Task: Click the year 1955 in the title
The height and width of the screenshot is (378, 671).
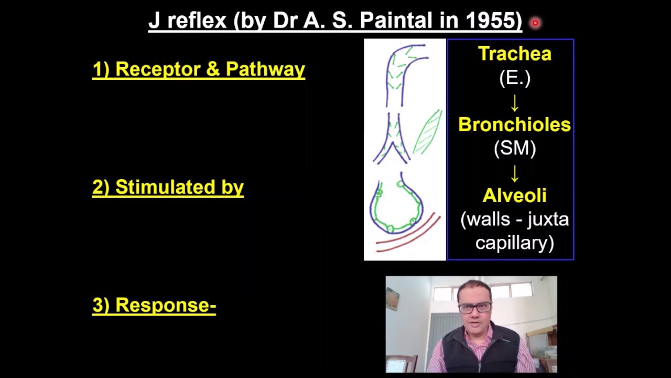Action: click(492, 21)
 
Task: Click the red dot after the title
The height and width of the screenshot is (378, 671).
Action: click(535, 23)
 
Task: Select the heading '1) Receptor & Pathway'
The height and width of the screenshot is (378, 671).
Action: click(199, 69)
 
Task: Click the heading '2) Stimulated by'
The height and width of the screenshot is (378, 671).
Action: click(168, 187)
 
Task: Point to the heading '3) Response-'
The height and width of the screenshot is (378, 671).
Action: click(154, 305)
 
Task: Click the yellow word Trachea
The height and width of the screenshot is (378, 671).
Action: click(514, 54)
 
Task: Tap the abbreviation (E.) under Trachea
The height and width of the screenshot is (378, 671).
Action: click(514, 78)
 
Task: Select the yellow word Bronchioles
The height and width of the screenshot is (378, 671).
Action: click(514, 124)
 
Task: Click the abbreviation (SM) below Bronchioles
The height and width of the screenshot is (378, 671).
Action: click(514, 149)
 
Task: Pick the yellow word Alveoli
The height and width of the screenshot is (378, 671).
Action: click(514, 195)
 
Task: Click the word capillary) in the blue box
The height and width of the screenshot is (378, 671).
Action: click(514, 243)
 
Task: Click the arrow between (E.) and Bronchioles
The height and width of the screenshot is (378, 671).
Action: click(515, 102)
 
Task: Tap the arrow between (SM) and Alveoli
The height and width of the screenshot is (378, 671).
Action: click(515, 172)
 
